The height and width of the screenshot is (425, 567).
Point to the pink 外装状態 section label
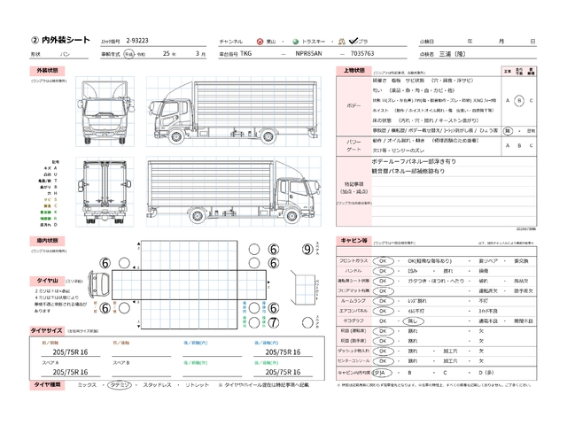pyautogui.click(x=47, y=70)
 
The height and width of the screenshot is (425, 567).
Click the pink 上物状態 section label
pyautogui.click(x=352, y=70)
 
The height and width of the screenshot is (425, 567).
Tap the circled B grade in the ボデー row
pyautogui.click(x=519, y=100)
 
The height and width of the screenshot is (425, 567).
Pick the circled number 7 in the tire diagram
pyautogui.click(x=273, y=321)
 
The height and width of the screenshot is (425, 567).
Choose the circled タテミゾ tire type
pyautogui.click(x=120, y=385)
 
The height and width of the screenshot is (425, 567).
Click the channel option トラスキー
pyautogui.click(x=310, y=42)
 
